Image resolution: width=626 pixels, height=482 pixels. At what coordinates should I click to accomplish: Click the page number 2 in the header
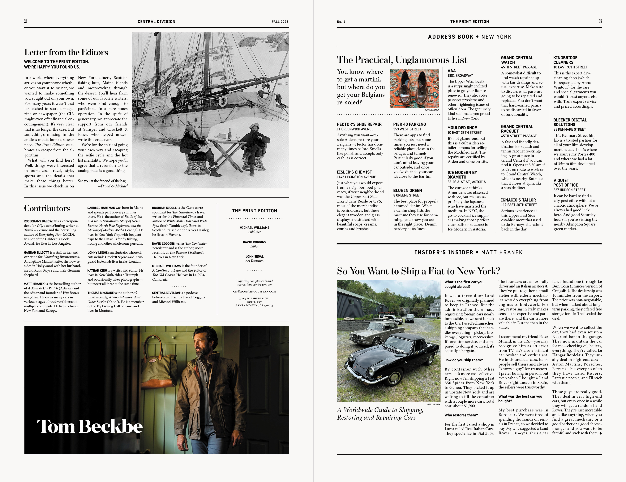click(x=25, y=21)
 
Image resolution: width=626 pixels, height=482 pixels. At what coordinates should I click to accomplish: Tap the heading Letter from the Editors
click(x=66, y=52)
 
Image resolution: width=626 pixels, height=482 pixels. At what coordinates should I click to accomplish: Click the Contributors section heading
click(x=47, y=208)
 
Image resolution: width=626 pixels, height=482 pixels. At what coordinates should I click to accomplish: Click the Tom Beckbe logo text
click(x=90, y=426)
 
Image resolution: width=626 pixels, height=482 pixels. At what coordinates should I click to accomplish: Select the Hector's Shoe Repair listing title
click(x=359, y=124)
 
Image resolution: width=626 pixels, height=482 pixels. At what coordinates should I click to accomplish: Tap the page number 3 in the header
click(x=600, y=21)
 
